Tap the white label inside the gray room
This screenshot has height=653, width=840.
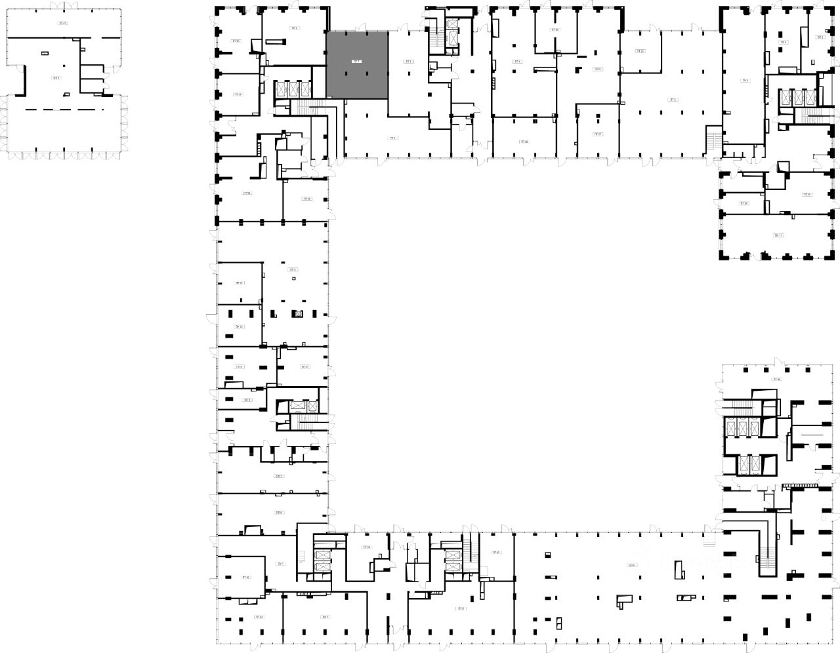356,62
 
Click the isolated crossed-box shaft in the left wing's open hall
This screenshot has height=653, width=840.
299,313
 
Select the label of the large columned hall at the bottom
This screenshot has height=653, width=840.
632,564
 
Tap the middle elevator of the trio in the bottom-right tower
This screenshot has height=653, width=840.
743,428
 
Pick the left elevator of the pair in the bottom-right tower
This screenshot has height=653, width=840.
743,465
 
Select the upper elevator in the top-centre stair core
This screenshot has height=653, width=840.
451,24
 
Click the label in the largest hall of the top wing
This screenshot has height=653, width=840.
673,100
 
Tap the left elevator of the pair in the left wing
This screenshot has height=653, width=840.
297,406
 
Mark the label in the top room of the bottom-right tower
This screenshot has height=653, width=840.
778,379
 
